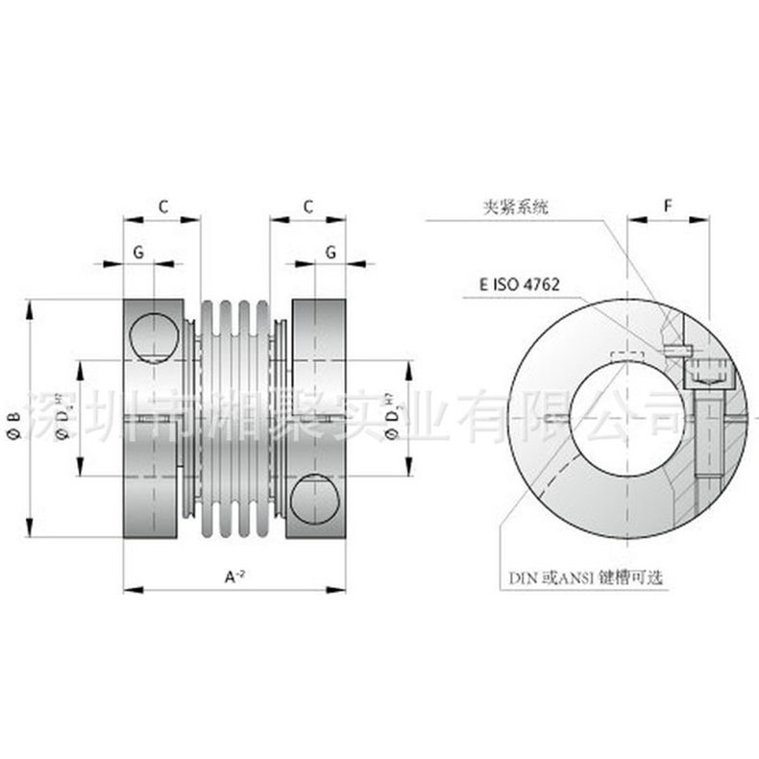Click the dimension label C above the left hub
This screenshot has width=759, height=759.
(x=162, y=206)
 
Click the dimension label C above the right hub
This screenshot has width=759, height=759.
(x=307, y=206)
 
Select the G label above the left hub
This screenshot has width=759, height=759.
(x=139, y=251)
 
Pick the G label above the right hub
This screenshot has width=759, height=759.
(x=330, y=251)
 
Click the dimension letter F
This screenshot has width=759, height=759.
(x=668, y=206)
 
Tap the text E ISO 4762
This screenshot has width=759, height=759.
(x=519, y=285)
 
